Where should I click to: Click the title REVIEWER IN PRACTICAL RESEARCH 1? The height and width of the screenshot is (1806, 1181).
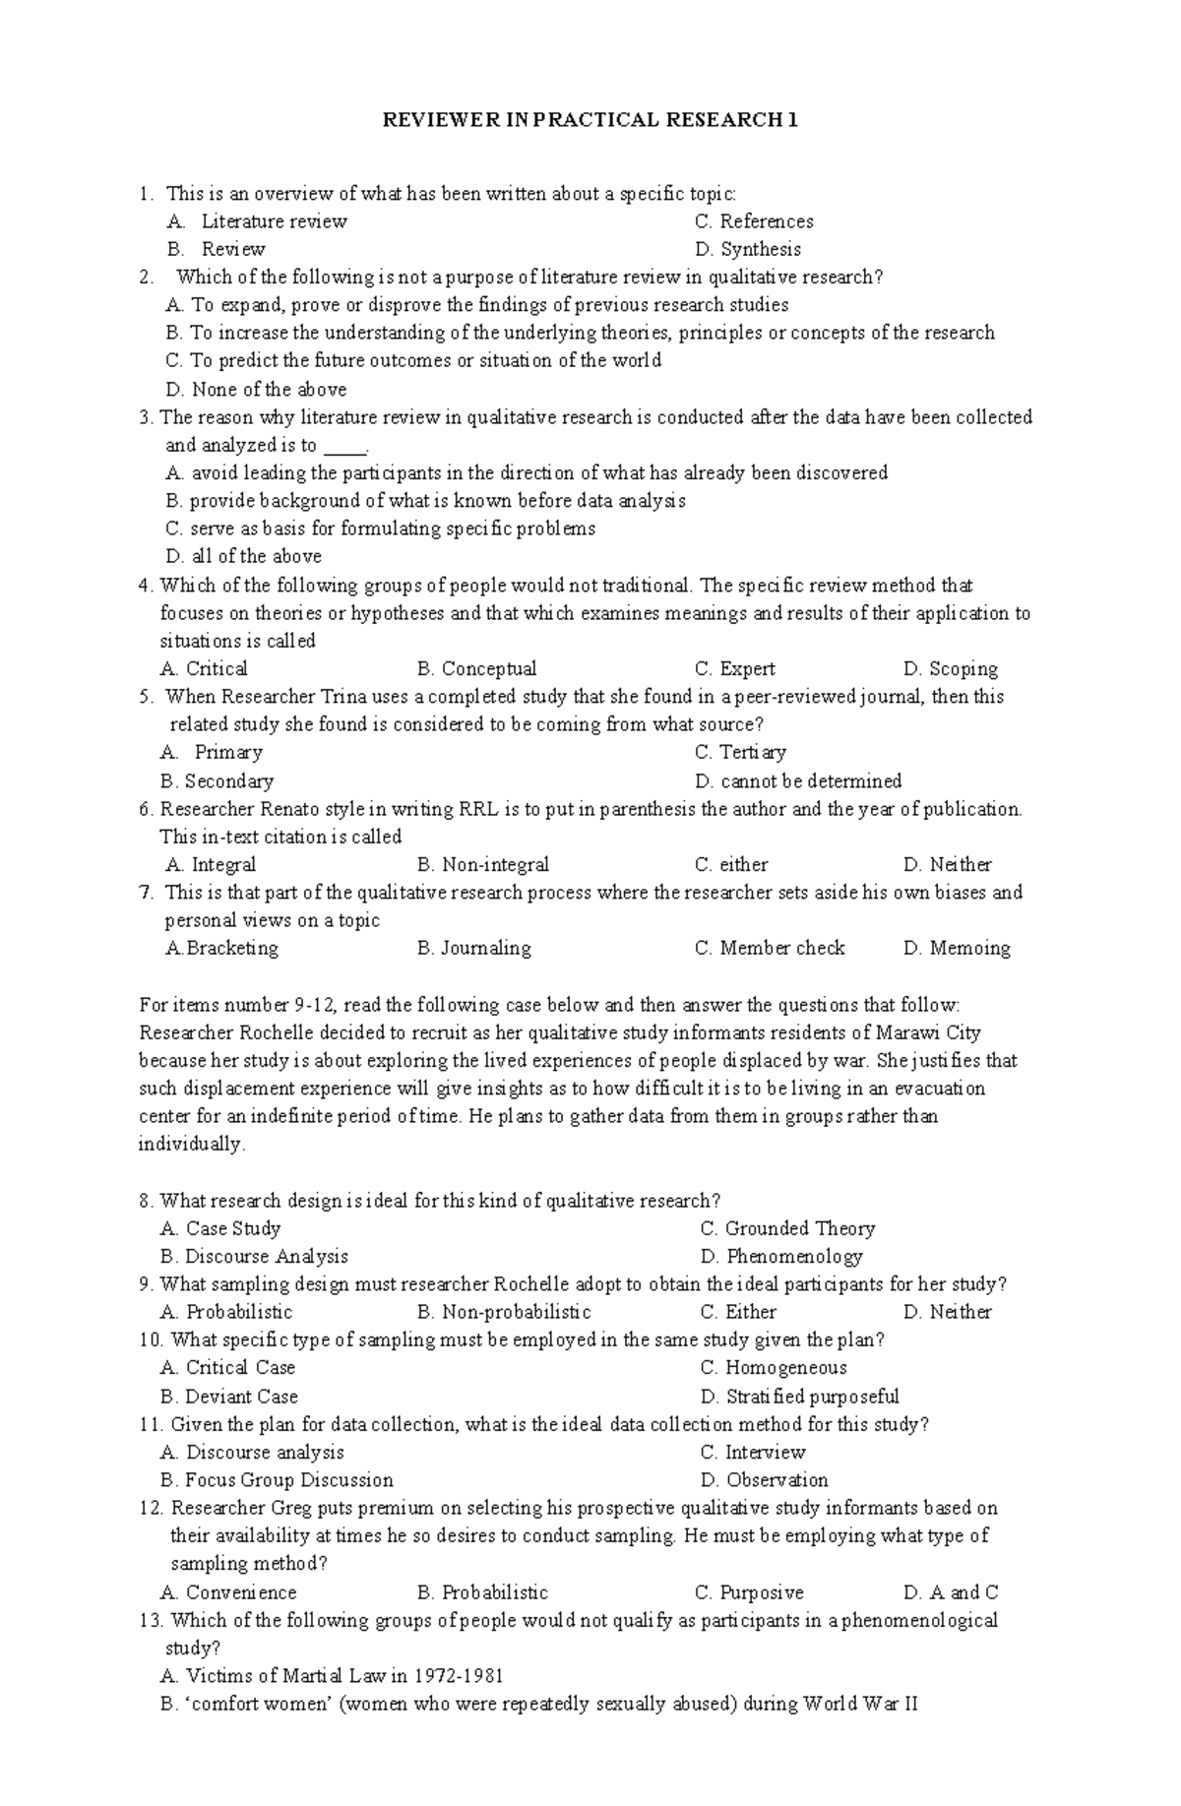[590, 120]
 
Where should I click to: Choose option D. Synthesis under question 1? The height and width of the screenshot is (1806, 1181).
[747, 249]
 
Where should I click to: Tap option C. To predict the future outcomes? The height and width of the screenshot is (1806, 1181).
[414, 360]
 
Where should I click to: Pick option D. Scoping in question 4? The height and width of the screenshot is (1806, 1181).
[950, 669]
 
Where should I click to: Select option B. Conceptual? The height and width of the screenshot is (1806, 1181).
[476, 669]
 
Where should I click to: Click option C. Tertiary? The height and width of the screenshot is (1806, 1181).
[740, 753]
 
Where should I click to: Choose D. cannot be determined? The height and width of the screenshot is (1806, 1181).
[797, 781]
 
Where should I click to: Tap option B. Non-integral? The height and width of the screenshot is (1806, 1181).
[482, 865]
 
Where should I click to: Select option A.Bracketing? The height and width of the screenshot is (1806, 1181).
[222, 949]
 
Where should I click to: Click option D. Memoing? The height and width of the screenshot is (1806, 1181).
[956, 949]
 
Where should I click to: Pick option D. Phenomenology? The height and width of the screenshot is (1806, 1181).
[781, 1257]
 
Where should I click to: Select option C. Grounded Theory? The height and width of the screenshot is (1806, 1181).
[787, 1228]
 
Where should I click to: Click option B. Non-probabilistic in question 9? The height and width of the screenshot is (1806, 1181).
[504, 1312]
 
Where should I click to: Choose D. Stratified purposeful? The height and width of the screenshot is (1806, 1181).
[799, 1397]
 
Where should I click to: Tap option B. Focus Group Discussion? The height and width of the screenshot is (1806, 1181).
[277, 1480]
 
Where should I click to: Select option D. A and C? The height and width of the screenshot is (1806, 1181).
[950, 1592]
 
